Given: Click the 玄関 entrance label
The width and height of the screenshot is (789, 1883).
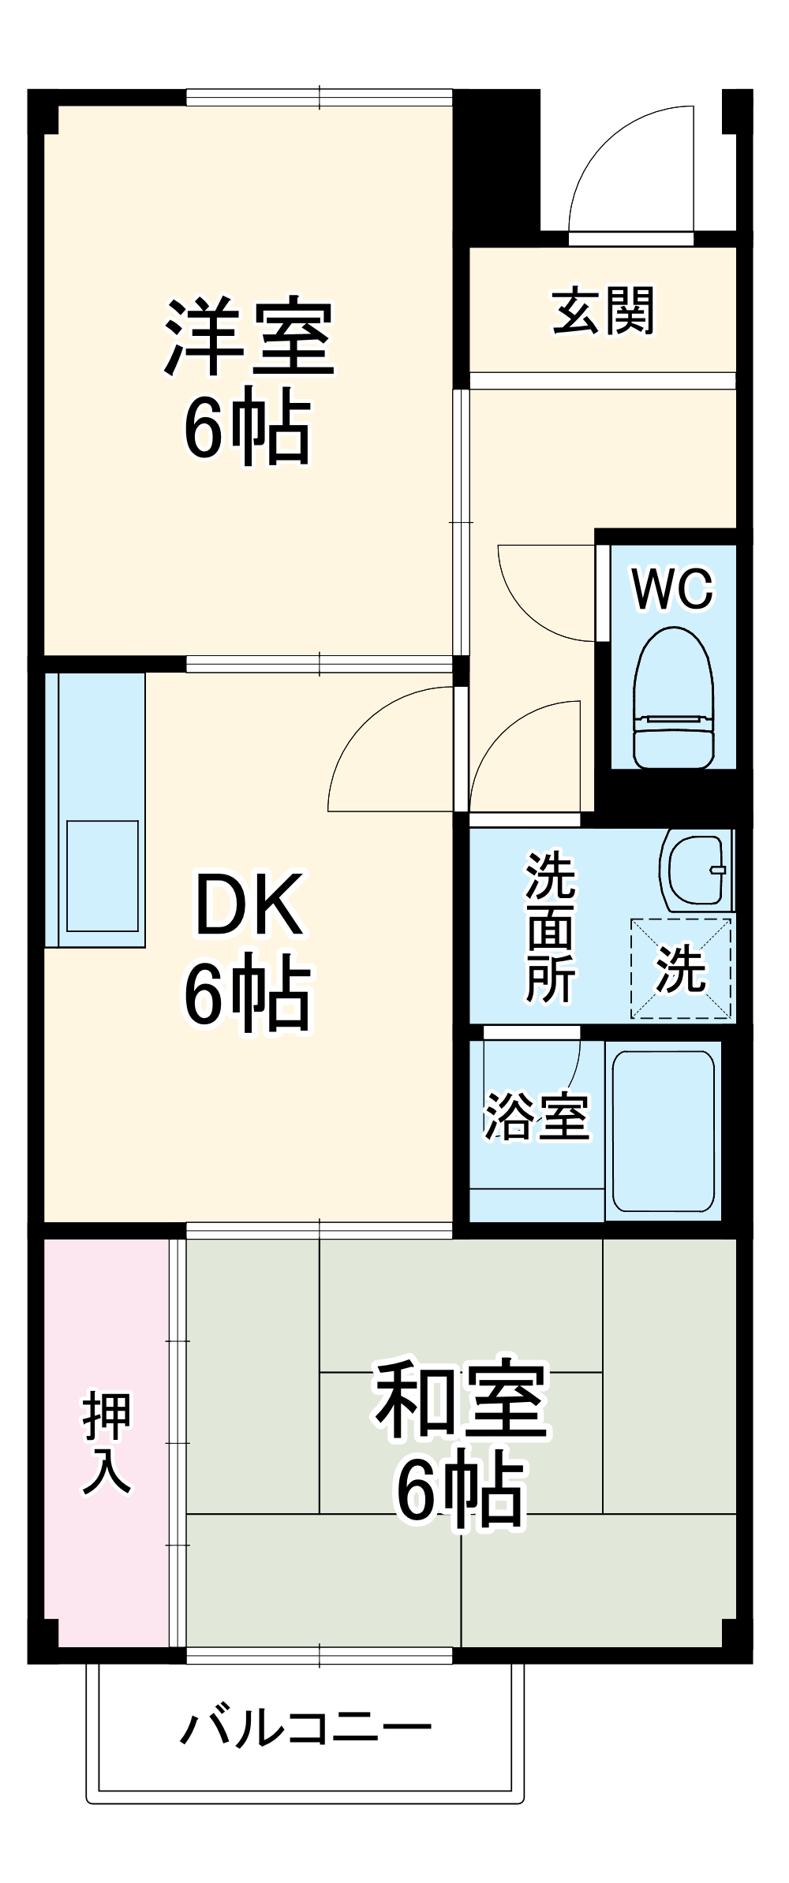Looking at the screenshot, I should coord(604,311).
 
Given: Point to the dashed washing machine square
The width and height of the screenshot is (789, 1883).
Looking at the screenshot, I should coord(681,968).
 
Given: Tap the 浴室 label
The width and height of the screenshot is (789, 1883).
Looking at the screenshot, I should coord(537,1117).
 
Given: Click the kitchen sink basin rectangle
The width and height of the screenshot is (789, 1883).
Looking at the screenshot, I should coord(103,875).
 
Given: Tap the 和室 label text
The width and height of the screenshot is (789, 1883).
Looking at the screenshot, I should coord(461,1400).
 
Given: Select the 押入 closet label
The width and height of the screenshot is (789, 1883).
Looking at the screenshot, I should coord(107,1444).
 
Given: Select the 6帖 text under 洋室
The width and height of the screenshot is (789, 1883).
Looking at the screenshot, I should coord(248,427).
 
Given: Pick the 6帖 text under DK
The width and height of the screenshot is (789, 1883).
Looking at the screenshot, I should coord(248,993).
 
